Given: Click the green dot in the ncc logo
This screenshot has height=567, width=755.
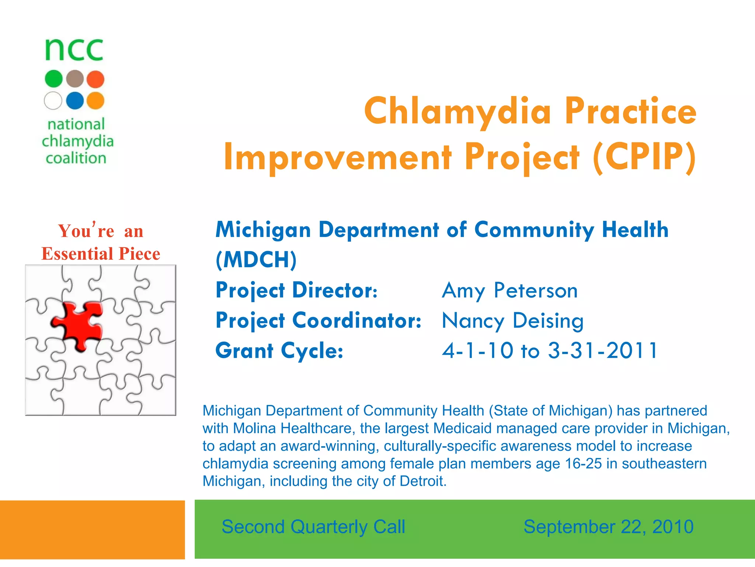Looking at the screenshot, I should pos(54,79).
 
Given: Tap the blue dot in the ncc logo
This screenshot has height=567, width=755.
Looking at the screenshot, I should pos(75,100).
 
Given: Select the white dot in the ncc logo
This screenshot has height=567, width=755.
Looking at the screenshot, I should pos(53,100).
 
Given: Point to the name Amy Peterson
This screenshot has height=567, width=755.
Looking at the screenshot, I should pos(509,291).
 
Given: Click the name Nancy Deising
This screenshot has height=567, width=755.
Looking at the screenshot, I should pos(512,321).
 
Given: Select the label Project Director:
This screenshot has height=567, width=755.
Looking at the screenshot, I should pos(296,291).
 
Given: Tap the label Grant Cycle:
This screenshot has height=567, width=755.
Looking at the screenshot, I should pos(279,351).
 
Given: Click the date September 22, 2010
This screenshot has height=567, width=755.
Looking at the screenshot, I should pos(608,527).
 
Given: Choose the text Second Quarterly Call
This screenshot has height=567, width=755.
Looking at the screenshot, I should pos(313,527).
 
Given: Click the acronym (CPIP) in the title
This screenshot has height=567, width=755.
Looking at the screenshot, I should pos(644,157).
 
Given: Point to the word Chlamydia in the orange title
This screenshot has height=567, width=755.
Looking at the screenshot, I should pos(457,111).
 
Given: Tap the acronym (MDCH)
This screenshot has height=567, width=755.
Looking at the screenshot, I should pos(256,260).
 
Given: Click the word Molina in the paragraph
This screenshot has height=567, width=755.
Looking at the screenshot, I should pos(254,428).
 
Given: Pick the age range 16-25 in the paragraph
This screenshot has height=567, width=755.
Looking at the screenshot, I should pos(583,464).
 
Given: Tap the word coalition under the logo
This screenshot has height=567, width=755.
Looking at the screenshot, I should pos(76,158).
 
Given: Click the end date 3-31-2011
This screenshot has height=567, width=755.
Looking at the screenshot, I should pos(602,351).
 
